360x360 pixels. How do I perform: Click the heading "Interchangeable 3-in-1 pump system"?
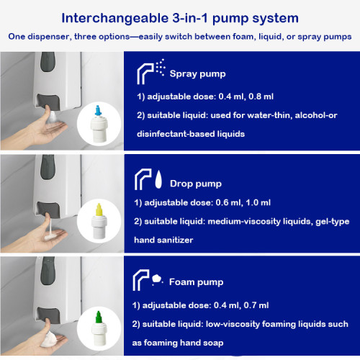click(x=180, y=16)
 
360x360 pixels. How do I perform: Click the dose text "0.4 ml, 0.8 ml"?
click(x=241, y=96)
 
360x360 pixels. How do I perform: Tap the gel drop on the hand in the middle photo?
click(x=49, y=232)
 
